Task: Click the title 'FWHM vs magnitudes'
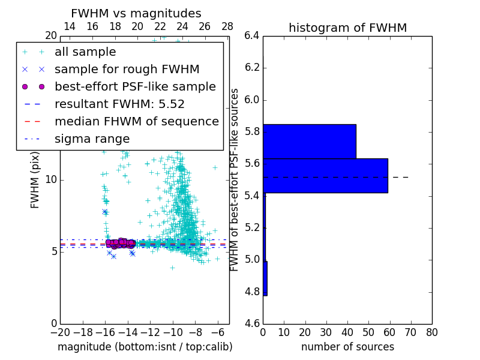pyautogui.click(x=136, y=13)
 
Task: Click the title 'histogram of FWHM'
pyautogui.click(x=347, y=28)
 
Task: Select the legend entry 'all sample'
pyautogui.click(x=85, y=52)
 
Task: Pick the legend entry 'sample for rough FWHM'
pyautogui.click(x=127, y=70)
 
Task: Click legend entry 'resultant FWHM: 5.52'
pyautogui.click(x=119, y=104)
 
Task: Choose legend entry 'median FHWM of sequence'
pyautogui.click(x=136, y=122)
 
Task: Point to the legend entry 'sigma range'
pyautogui.click(x=92, y=139)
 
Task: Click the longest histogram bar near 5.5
pyautogui.click(x=325, y=176)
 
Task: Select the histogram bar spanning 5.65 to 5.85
pyautogui.click(x=309, y=142)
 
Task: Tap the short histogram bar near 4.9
pyautogui.click(x=265, y=278)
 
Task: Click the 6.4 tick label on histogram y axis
pyautogui.click(x=252, y=36)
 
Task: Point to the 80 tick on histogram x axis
pyautogui.click(x=431, y=332)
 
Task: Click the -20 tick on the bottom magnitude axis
pyautogui.click(x=60, y=332)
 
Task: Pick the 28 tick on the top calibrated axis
pyautogui.click(x=227, y=26)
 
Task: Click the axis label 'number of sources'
pyautogui.click(x=347, y=347)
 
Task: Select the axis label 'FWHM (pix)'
pyautogui.click(x=35, y=180)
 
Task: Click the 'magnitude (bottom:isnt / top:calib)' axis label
pyautogui.click(x=145, y=347)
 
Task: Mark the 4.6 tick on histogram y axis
pyautogui.click(x=252, y=324)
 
